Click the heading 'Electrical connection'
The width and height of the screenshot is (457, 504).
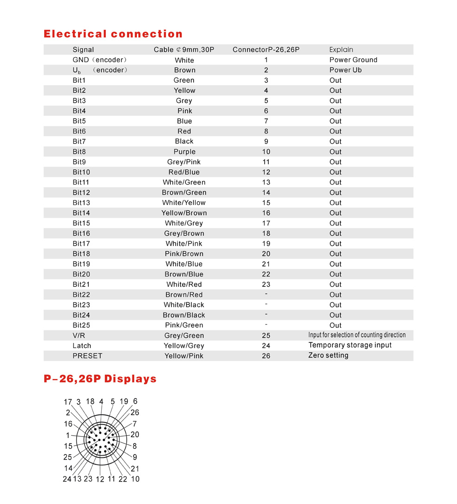point(113,34)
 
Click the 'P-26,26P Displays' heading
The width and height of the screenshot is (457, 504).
point(100,379)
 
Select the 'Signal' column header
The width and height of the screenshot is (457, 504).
point(83,50)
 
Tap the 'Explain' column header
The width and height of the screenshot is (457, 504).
point(341,50)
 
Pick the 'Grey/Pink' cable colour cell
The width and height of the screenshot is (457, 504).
point(184,162)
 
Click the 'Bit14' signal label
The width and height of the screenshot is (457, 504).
point(81,213)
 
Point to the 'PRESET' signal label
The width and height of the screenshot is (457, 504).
point(87,356)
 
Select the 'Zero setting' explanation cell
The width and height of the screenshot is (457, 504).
point(328,356)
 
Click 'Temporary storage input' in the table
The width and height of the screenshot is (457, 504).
point(350,345)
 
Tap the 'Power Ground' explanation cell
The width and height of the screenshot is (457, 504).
point(353,60)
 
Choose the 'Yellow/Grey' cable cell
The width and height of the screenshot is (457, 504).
point(184,345)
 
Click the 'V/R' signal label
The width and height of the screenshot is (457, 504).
point(79,335)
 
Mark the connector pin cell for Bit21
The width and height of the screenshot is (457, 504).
point(266,285)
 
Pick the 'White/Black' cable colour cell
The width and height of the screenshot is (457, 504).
point(184,305)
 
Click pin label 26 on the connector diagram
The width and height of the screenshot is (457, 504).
point(135,412)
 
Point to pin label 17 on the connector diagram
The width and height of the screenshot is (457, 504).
point(68,402)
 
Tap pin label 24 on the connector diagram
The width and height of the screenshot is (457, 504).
point(67,479)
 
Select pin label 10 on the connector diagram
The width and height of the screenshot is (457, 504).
point(135,479)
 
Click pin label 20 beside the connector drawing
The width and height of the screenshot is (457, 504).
point(135,435)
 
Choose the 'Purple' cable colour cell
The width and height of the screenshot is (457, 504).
point(184,152)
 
